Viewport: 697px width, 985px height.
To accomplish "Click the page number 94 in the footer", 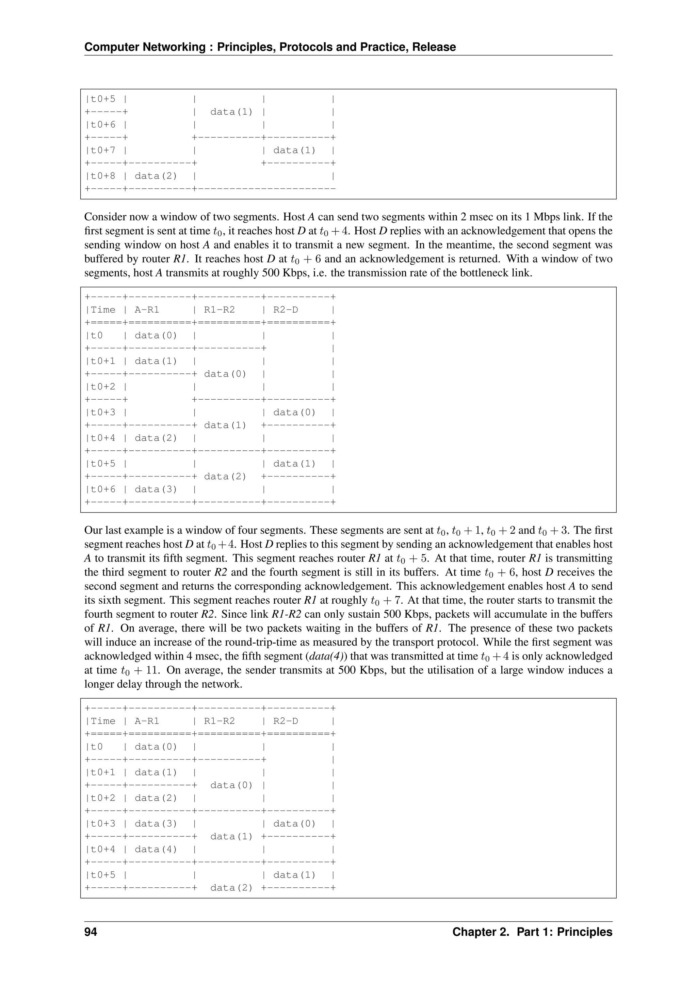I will (91, 932).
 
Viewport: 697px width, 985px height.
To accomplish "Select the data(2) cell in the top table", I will (156, 176).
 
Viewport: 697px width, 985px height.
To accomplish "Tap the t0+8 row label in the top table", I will (103, 176).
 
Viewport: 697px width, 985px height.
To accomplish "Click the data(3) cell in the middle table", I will (156, 489).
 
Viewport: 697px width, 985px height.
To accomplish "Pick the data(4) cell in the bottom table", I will (156, 849).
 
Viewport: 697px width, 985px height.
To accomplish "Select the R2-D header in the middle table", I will (286, 310).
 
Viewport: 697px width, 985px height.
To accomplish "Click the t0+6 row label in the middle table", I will (103, 489).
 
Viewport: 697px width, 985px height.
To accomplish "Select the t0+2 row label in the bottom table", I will (103, 798).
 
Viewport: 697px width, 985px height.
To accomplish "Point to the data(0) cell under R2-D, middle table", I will (294, 412).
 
